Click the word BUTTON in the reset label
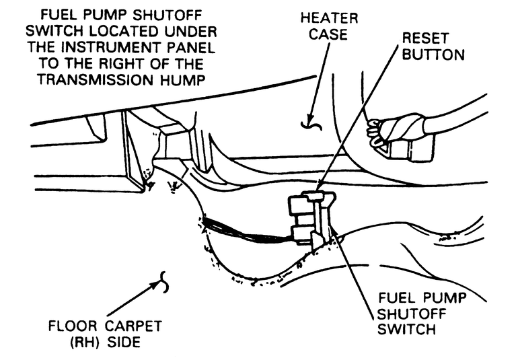tap(434, 55)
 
